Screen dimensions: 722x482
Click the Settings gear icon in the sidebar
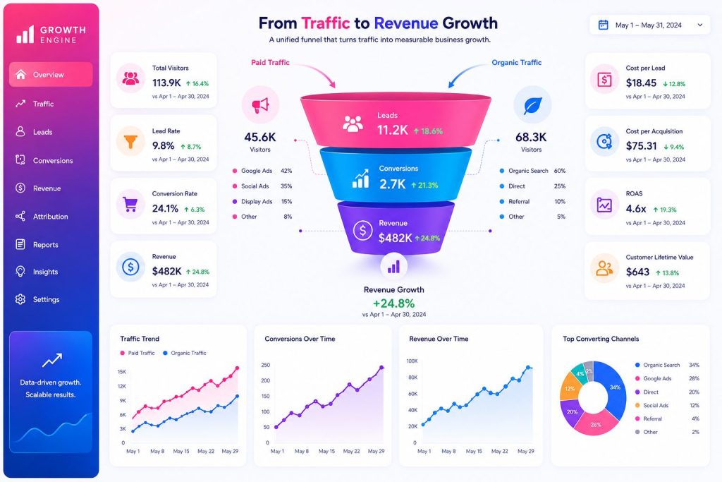[x=20, y=299]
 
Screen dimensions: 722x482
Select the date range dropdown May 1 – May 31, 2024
[x=650, y=25]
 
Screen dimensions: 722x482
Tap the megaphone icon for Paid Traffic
[x=260, y=105]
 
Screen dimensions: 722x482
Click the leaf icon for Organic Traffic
[x=532, y=106]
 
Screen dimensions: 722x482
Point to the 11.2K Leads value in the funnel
[x=392, y=131]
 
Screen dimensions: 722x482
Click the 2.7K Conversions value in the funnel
[x=392, y=184]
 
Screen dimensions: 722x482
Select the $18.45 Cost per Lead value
[x=641, y=83]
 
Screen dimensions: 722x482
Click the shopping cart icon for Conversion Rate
[x=130, y=204]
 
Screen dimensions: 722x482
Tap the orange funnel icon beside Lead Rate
[x=130, y=141]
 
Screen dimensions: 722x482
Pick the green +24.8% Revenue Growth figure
[x=393, y=303]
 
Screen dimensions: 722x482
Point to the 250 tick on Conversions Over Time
[x=266, y=365]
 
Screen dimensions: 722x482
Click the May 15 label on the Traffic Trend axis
[x=181, y=451]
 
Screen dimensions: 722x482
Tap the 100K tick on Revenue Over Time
[x=412, y=361]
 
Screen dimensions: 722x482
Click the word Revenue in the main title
[x=405, y=23]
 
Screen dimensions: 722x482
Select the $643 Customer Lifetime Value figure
[x=637, y=272]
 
